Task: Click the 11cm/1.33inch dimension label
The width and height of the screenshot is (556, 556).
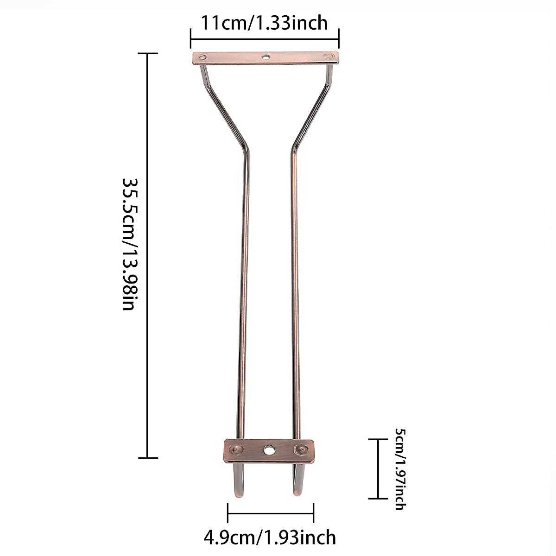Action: pyautogui.click(x=264, y=22)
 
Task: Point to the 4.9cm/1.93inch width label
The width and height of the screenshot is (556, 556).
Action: pyautogui.click(x=270, y=537)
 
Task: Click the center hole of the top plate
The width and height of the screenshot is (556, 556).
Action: pyautogui.click(x=266, y=57)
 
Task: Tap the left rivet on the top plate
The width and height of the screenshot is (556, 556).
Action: pyautogui.click(x=202, y=57)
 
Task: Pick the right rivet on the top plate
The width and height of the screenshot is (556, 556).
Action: pyautogui.click(x=329, y=57)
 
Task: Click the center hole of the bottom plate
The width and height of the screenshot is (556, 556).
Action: pyautogui.click(x=269, y=450)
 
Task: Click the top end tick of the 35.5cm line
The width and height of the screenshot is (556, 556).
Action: pyautogui.click(x=148, y=54)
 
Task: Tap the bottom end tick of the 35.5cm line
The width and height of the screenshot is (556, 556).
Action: pyautogui.click(x=148, y=458)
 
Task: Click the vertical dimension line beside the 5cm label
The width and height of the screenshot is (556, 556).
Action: pyautogui.click(x=378, y=469)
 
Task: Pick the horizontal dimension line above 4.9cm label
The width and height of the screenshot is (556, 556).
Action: pyautogui.click(x=271, y=513)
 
